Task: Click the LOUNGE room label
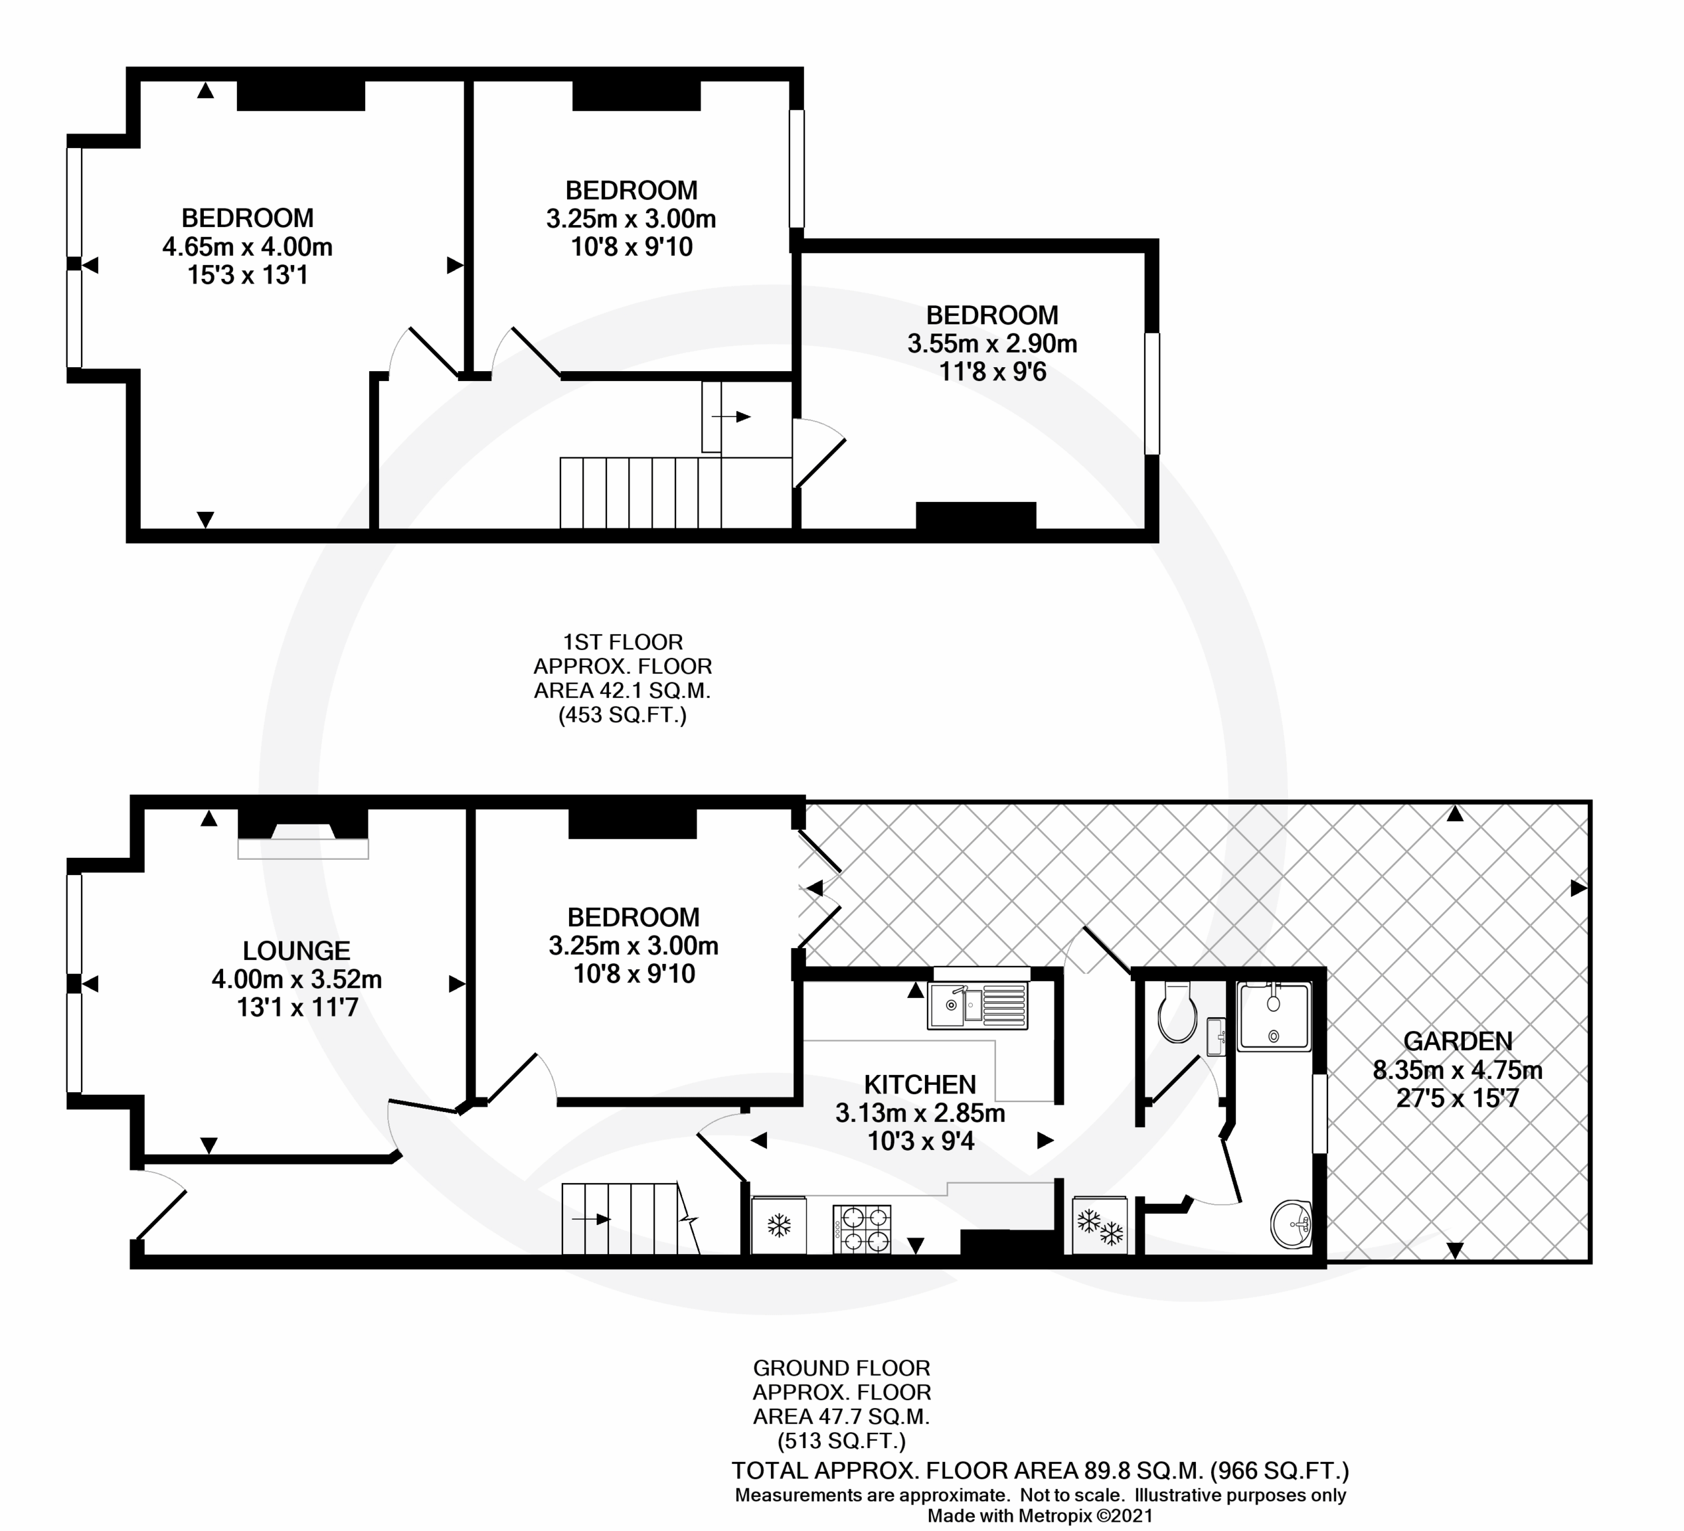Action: click(x=297, y=951)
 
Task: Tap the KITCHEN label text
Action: click(x=920, y=1084)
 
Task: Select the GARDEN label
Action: click(x=1458, y=1041)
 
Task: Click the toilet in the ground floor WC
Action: click(x=1177, y=1011)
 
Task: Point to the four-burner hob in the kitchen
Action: click(x=862, y=1228)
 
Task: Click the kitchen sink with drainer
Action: click(x=978, y=1005)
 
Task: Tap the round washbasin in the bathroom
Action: click(x=1291, y=1224)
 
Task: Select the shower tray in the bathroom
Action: click(x=1275, y=1016)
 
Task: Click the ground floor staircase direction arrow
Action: click(x=591, y=1219)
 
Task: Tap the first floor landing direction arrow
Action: click(x=731, y=416)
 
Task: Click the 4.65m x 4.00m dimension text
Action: click(x=247, y=247)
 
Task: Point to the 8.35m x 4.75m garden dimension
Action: click(x=1458, y=1070)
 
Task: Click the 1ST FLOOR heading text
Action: click(x=623, y=642)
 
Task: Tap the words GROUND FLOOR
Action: click(x=842, y=1368)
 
